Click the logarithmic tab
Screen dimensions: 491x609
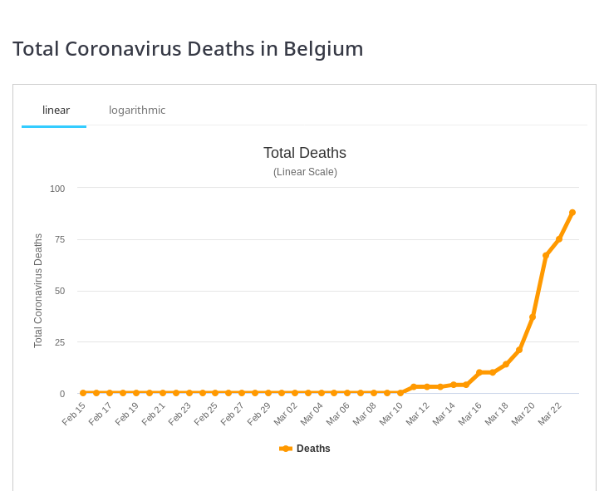point(137,110)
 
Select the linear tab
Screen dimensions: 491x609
point(56,110)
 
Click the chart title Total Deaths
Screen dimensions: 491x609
point(304,153)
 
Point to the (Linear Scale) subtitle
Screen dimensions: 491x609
point(305,172)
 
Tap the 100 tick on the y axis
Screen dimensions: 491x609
point(57,189)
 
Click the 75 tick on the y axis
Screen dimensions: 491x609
point(59,239)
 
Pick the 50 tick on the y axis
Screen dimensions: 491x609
point(59,291)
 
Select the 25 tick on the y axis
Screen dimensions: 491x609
point(59,342)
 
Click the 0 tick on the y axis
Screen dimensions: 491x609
point(61,394)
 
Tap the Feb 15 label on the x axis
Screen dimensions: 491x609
point(74,413)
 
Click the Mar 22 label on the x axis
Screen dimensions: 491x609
point(550,413)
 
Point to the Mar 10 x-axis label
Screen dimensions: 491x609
point(391,413)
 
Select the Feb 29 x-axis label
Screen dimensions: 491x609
point(259,413)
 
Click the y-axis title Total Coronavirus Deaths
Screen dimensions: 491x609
point(38,291)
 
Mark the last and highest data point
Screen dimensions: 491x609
point(572,213)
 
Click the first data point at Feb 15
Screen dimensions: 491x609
point(83,393)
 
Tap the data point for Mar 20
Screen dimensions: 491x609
point(533,317)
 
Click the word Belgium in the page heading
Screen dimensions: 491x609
point(323,48)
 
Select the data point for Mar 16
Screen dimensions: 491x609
point(479,372)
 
